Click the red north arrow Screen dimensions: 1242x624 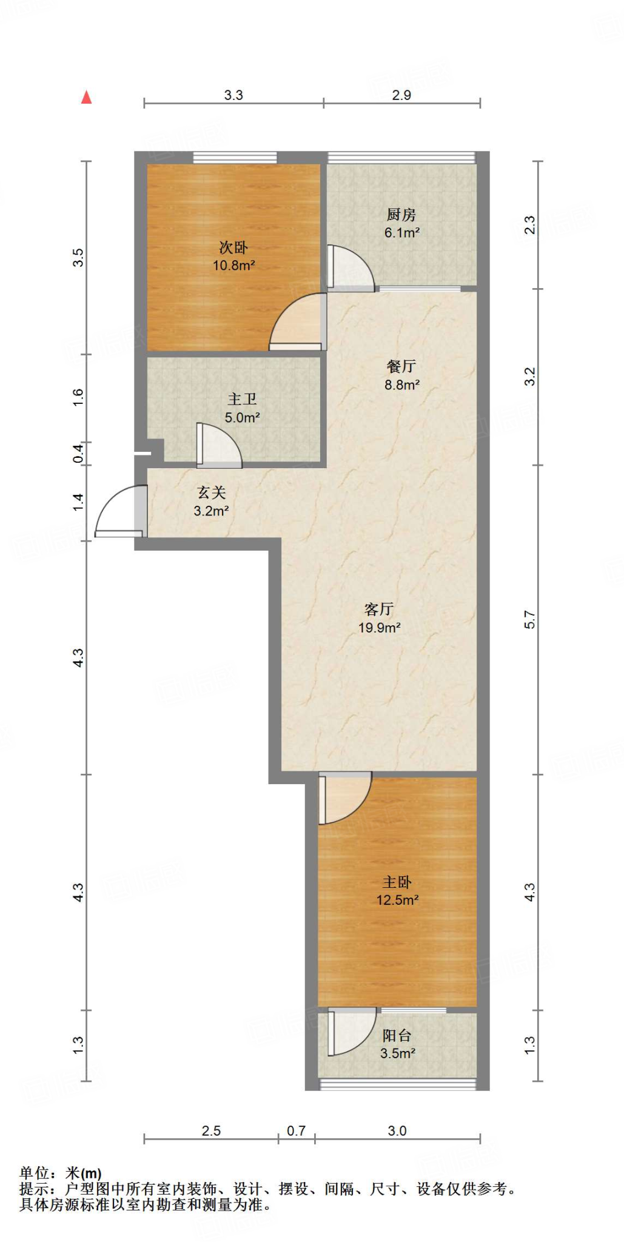coord(87,97)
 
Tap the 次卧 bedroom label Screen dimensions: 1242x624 coord(233,247)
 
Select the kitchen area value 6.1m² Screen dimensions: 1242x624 coord(402,232)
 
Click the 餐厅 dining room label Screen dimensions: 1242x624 coord(401,366)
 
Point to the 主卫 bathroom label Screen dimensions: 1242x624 coord(242,399)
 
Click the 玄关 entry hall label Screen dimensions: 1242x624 coord(211,492)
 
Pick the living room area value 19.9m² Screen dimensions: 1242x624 coord(379,628)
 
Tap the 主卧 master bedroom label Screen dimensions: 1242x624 coord(397,882)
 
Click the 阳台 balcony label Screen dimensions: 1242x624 coord(397,1036)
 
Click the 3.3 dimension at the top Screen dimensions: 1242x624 coord(233,95)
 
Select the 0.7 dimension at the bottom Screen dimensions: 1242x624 coord(296,1131)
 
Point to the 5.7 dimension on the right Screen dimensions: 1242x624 coord(529,620)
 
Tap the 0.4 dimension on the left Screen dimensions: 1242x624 coord(78,453)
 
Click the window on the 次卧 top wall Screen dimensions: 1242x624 coord(235,158)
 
